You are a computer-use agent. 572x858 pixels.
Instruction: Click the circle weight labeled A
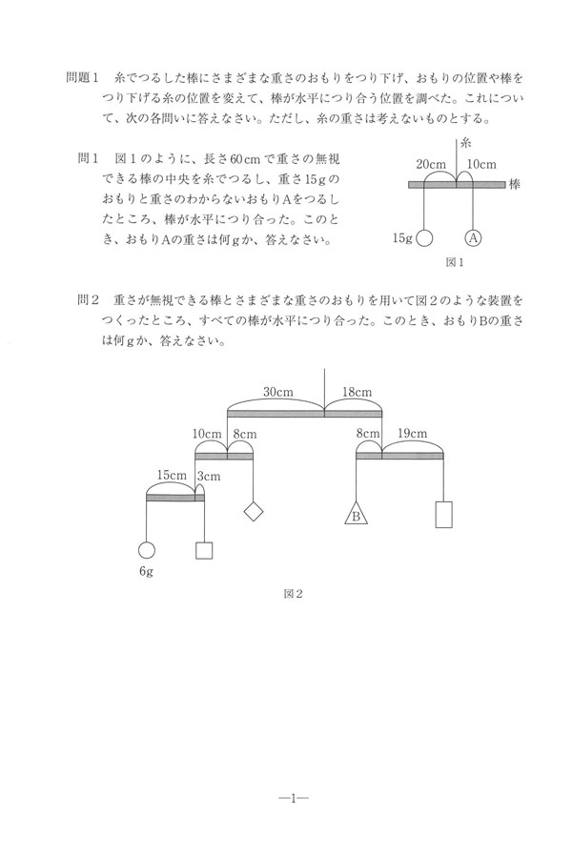472,237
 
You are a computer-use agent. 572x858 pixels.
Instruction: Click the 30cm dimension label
277,392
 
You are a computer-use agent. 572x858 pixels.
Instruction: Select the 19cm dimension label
412,435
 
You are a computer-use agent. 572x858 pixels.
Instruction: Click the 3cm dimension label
208,476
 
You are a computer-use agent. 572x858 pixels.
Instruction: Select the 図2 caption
293,593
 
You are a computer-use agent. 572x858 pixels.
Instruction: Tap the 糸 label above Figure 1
466,144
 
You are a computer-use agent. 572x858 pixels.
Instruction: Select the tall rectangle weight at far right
443,513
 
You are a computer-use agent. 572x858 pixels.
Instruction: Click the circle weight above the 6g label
146,550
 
